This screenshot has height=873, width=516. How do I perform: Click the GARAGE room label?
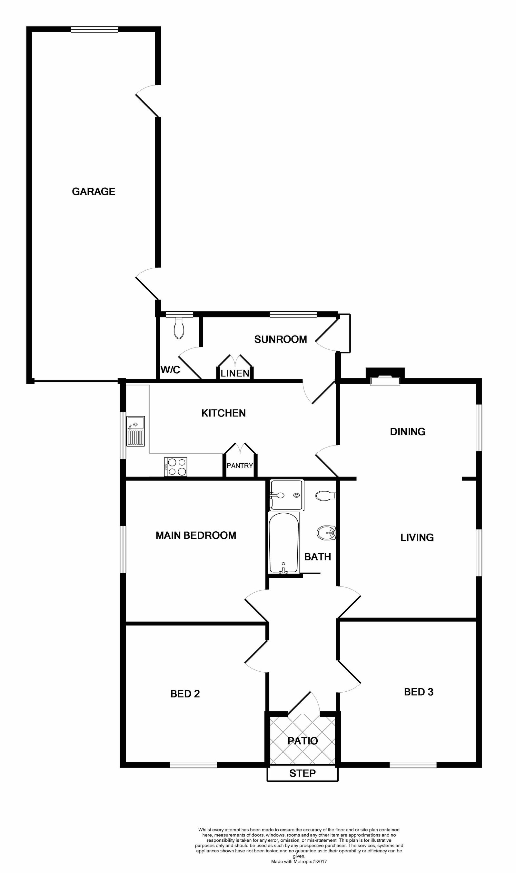93,191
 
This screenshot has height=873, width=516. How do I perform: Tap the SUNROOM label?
280,339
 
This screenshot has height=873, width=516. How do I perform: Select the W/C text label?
170,370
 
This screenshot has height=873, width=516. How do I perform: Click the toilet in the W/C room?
179,328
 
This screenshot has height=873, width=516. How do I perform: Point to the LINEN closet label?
235,373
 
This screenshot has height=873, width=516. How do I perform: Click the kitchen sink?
135,431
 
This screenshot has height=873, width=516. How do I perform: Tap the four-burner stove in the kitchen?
175,467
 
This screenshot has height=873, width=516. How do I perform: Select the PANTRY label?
240,465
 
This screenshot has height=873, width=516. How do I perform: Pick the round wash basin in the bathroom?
326,533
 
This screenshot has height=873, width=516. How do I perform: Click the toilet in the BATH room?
325,496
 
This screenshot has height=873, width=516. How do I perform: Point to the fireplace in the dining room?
385,377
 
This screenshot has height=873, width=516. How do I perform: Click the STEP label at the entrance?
303,773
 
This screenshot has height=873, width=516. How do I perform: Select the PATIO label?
303,741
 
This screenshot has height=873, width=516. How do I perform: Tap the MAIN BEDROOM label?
196,535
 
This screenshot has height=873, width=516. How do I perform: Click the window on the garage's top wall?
94,30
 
